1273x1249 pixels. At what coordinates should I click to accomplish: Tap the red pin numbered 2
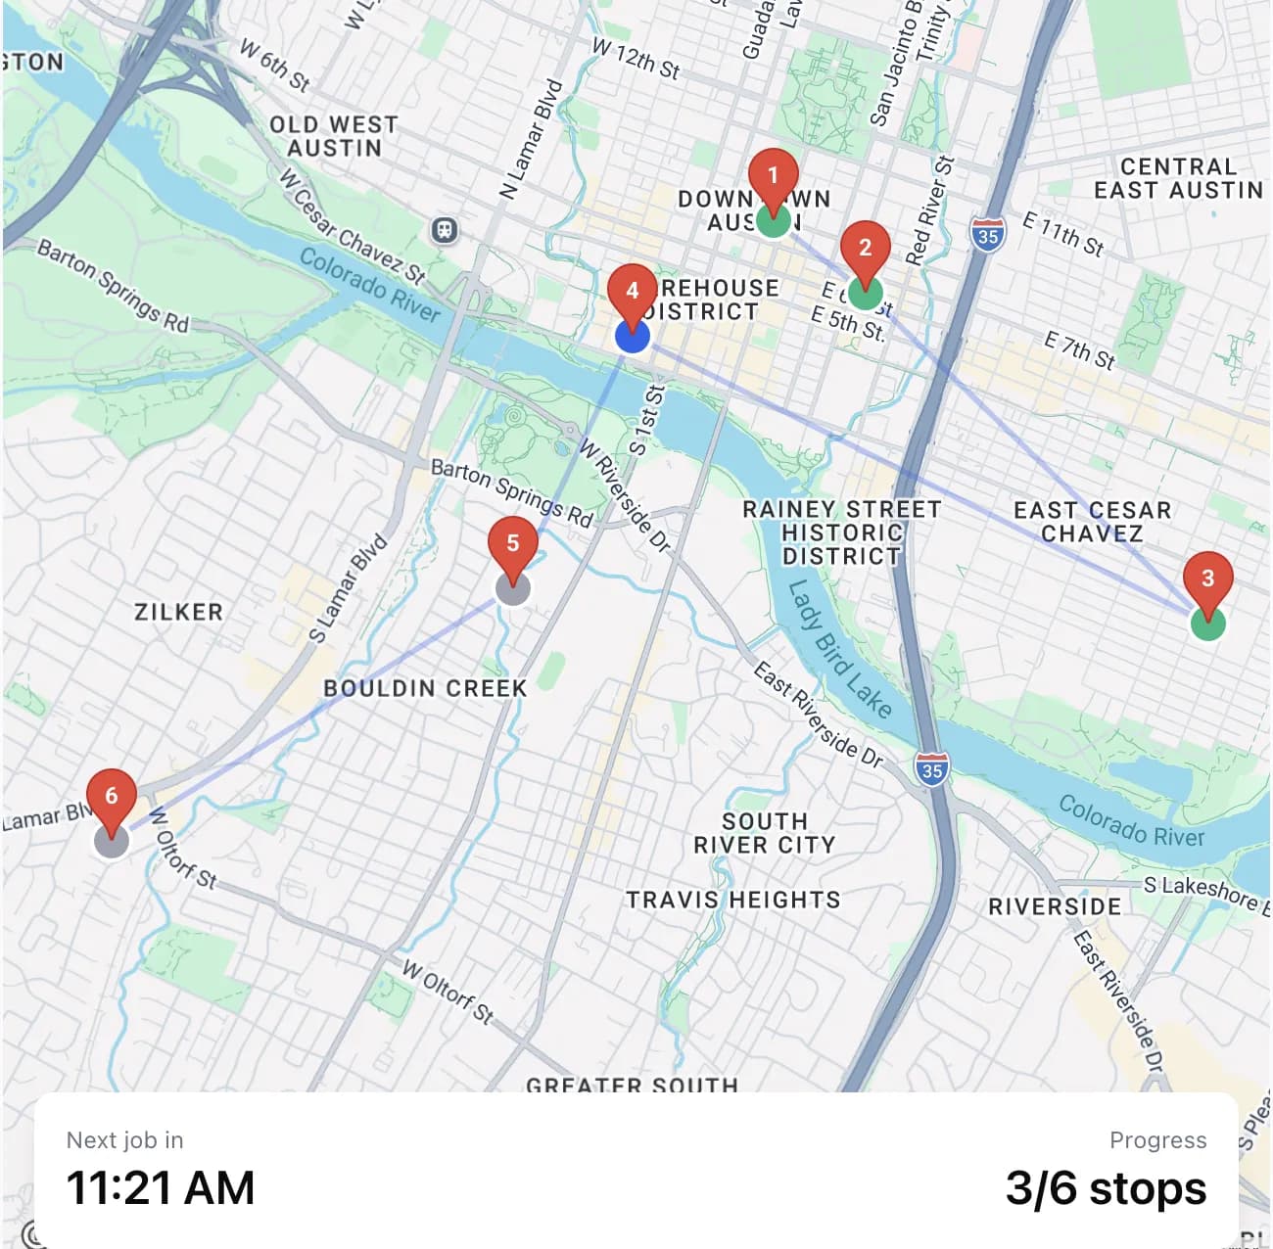(x=865, y=249)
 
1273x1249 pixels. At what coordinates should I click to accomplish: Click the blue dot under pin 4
(x=633, y=337)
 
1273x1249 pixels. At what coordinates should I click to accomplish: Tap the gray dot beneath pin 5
(x=513, y=588)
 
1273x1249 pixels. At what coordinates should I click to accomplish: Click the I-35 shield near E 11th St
(x=987, y=236)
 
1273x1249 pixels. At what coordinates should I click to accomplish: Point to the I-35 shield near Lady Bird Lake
(x=932, y=769)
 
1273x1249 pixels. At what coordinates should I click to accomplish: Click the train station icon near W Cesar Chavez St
(x=445, y=230)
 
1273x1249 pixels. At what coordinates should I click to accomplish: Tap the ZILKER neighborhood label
(x=179, y=613)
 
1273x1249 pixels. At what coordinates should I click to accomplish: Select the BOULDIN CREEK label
(x=425, y=689)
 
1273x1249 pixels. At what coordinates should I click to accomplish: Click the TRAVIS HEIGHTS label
(x=733, y=900)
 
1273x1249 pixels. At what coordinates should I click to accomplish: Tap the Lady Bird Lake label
(x=840, y=649)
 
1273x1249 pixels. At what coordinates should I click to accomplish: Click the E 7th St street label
(x=1079, y=350)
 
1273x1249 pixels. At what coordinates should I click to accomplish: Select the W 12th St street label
(x=636, y=59)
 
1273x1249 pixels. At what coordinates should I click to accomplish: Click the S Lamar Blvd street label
(x=349, y=589)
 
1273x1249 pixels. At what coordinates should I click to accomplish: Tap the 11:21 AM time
(x=161, y=1188)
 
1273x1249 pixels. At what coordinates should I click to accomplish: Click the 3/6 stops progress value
(x=1106, y=1188)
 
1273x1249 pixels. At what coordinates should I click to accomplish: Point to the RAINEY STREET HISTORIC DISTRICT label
(x=841, y=533)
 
